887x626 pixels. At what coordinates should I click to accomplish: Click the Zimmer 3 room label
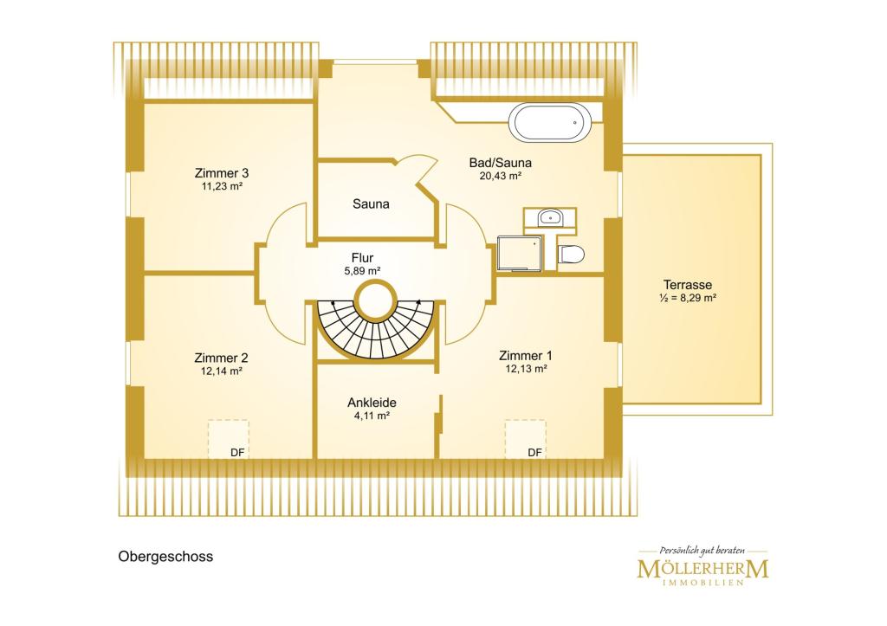tap(222, 173)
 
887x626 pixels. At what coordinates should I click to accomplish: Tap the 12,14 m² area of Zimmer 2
tap(222, 371)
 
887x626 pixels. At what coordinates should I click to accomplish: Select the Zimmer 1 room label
tap(526, 356)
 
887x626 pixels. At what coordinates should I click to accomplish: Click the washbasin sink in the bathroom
tap(549, 216)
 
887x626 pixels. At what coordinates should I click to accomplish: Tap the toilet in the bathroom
tap(571, 255)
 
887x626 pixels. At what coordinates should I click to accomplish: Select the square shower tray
tap(519, 254)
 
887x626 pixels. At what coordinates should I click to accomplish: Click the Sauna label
tap(371, 203)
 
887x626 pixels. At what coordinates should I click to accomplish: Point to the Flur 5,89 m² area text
tap(363, 271)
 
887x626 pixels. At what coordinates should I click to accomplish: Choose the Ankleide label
tap(372, 403)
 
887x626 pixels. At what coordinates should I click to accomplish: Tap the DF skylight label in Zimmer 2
tap(237, 453)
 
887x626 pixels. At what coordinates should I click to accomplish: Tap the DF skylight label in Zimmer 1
tap(534, 452)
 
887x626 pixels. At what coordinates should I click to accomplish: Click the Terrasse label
tap(688, 285)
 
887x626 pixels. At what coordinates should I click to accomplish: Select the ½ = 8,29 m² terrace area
tap(688, 298)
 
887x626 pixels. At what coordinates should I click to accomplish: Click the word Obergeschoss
tap(165, 557)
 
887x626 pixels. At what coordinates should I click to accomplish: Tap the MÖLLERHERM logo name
tap(703, 568)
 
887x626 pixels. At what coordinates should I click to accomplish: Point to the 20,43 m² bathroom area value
tap(501, 176)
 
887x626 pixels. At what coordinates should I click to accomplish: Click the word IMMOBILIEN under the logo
tap(702, 583)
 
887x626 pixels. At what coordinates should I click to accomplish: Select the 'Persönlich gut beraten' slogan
tap(702, 550)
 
